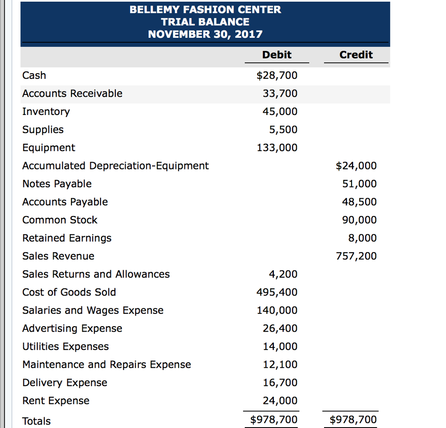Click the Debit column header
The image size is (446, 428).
[277, 55]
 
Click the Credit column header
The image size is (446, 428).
[356, 55]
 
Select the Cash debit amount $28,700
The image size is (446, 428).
[277, 76]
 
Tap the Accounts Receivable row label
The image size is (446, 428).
[72, 94]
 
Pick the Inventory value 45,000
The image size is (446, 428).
[280, 112]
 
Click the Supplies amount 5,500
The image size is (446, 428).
[283, 130]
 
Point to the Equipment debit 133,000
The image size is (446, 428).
[277, 148]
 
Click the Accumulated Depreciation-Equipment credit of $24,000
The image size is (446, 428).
[356, 166]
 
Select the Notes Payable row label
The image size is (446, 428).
[57, 184]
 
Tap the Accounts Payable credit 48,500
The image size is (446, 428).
[359, 202]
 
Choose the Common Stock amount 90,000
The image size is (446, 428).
[359, 220]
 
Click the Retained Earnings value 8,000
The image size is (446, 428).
[362, 238]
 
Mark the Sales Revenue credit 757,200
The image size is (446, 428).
[356, 256]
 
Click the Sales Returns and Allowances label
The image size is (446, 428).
[96, 274]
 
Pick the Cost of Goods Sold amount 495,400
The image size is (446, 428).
[277, 293]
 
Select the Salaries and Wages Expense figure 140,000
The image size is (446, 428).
[277, 310]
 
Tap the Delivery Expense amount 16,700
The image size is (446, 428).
[280, 383]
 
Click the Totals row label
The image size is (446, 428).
[37, 421]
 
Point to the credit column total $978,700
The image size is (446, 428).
[353, 420]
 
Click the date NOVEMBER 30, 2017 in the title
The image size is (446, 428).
[205, 34]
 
